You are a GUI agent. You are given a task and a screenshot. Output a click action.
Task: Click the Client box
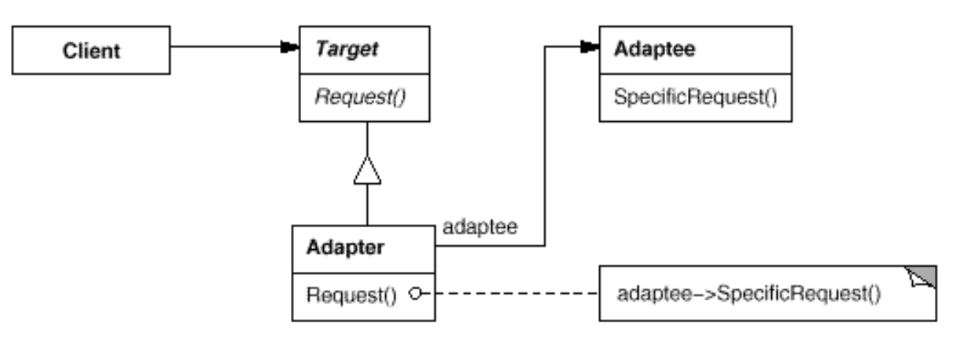(90, 51)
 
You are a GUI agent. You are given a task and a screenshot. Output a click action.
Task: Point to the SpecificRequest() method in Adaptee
(675, 98)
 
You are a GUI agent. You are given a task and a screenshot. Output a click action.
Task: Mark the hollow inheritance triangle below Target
(366, 171)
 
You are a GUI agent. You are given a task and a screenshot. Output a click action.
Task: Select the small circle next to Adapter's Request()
(415, 295)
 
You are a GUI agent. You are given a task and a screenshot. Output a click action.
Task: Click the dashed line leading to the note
(511, 295)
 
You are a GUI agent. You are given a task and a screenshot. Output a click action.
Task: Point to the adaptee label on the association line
(480, 228)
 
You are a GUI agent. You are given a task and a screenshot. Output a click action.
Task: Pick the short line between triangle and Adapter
(366, 206)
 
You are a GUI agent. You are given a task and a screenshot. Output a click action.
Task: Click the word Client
(92, 51)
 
